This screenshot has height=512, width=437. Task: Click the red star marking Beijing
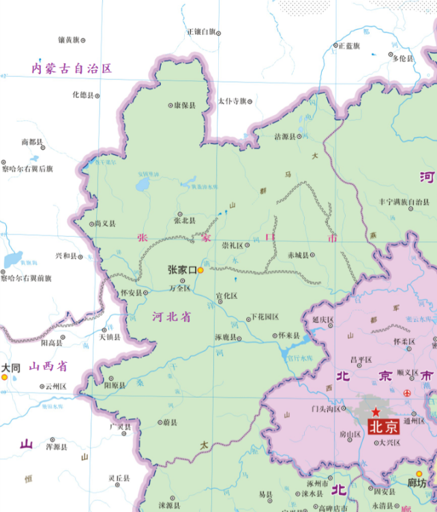click(376, 413)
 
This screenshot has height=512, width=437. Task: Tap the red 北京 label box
click(382, 428)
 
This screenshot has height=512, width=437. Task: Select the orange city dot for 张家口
click(200, 270)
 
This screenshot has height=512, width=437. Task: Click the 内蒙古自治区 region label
click(71, 68)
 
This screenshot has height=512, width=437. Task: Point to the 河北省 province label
click(171, 317)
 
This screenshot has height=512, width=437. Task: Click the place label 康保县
click(185, 106)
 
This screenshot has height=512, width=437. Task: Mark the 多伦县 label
click(402, 59)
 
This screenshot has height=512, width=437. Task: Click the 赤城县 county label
click(297, 255)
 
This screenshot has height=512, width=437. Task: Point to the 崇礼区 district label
click(232, 245)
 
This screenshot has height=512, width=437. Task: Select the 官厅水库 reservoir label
click(299, 357)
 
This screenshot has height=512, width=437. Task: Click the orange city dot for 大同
click(4, 376)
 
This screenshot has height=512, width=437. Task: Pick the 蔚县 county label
click(169, 423)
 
